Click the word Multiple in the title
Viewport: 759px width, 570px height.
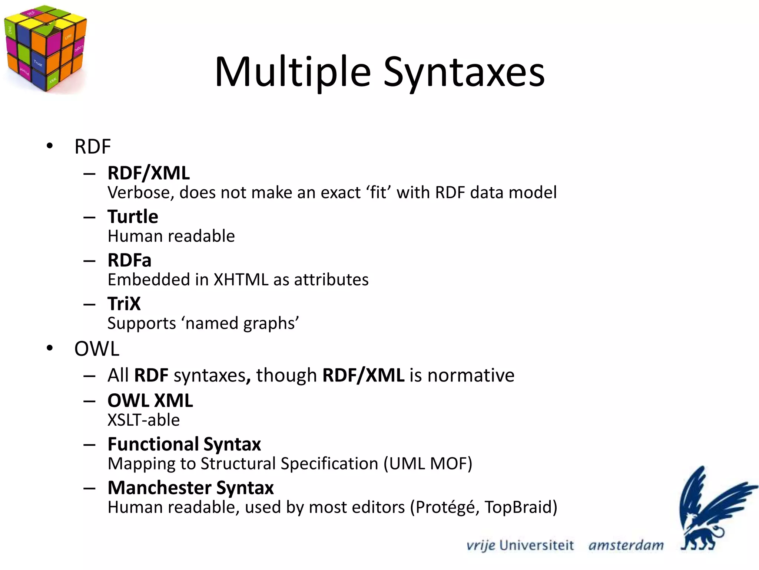pos(292,72)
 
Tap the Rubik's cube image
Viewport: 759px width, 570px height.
pos(45,48)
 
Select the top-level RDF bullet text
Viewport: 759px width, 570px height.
pos(93,147)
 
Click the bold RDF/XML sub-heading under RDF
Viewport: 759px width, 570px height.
pos(149,173)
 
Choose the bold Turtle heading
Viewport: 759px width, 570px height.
pos(133,216)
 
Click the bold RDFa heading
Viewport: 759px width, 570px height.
pos(129,260)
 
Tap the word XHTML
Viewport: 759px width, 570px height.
pos(241,280)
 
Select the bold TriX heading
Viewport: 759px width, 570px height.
pos(124,304)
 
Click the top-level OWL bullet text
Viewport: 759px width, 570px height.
pos(97,349)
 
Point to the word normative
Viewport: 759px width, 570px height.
pos(471,376)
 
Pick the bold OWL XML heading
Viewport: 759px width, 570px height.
pos(150,401)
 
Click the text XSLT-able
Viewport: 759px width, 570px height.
pos(143,420)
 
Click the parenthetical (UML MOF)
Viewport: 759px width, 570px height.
pos(428,464)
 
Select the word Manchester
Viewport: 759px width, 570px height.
pos(159,488)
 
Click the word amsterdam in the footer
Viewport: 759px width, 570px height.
pos(626,546)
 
